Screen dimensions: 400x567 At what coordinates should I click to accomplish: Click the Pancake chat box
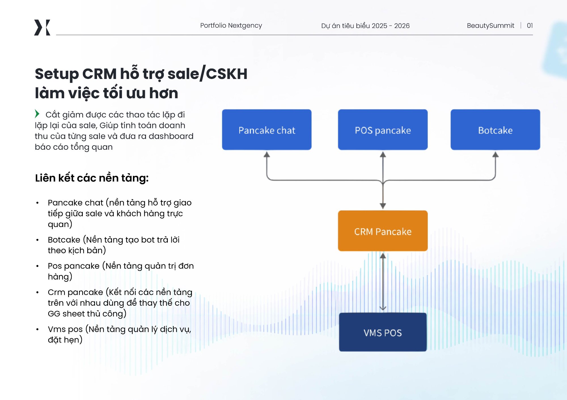pyautogui.click(x=266, y=130)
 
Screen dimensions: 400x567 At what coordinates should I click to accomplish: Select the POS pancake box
pyautogui.click(x=383, y=130)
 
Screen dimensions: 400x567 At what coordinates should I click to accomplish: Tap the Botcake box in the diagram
pyautogui.click(x=495, y=130)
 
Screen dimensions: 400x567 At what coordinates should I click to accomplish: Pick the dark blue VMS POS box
pyautogui.click(x=383, y=332)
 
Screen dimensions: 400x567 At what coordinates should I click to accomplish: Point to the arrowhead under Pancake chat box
pyautogui.click(x=267, y=155)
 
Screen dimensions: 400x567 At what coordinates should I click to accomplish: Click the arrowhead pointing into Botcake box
pyautogui.click(x=495, y=155)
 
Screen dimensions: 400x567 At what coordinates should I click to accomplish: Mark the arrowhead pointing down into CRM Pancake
pyautogui.click(x=383, y=206)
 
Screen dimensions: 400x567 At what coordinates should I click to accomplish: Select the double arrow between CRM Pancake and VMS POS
pyautogui.click(x=383, y=282)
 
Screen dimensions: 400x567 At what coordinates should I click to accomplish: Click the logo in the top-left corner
pyautogui.click(x=42, y=27)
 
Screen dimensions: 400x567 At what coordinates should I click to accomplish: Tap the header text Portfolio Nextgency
pyautogui.click(x=231, y=25)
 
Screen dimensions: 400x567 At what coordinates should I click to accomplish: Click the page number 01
pyautogui.click(x=530, y=25)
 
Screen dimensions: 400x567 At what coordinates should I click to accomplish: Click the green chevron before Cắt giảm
pyautogui.click(x=37, y=114)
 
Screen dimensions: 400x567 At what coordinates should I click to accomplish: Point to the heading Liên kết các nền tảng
pyautogui.click(x=92, y=178)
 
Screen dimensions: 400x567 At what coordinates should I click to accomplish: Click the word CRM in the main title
pyautogui.click(x=99, y=74)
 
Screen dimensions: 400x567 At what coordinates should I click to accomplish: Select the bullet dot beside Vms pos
pyautogui.click(x=37, y=329)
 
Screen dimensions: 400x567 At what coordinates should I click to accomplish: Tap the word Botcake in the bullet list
pyautogui.click(x=64, y=240)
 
